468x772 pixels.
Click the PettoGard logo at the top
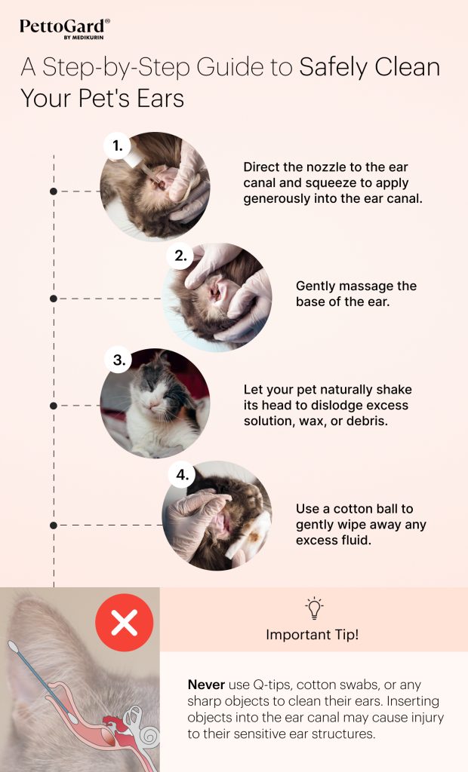(x=64, y=29)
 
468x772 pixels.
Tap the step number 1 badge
(x=117, y=146)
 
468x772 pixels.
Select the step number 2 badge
(x=180, y=256)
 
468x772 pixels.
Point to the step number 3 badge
(x=119, y=361)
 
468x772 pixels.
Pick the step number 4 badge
(x=180, y=475)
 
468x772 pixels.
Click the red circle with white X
(x=124, y=623)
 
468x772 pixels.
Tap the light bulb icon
(x=313, y=608)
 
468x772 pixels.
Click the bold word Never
(x=205, y=685)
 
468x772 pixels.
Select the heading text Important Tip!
(x=313, y=635)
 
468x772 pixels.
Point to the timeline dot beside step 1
(x=54, y=191)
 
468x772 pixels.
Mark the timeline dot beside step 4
(x=54, y=525)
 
